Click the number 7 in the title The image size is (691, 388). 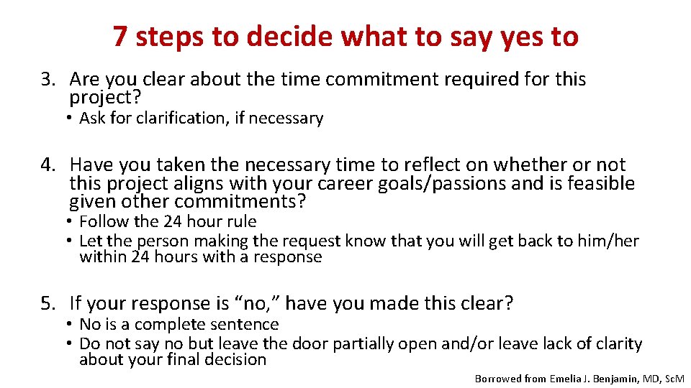coord(121,37)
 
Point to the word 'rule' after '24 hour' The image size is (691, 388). coord(240,222)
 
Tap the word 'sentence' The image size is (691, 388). coord(243,325)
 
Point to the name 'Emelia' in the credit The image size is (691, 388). coord(569,378)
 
